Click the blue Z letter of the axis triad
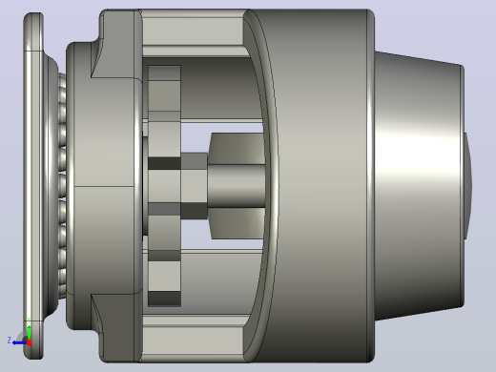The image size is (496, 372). [10, 341]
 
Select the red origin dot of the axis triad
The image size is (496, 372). [30, 342]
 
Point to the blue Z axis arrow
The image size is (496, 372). [20, 342]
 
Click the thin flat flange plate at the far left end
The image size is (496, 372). [33, 186]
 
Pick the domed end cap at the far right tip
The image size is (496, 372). [468, 186]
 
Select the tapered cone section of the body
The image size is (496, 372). [419, 186]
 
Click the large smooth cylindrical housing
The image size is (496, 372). [321, 186]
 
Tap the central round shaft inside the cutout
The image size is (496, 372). [237, 186]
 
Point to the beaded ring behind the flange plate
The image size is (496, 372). [62, 186]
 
